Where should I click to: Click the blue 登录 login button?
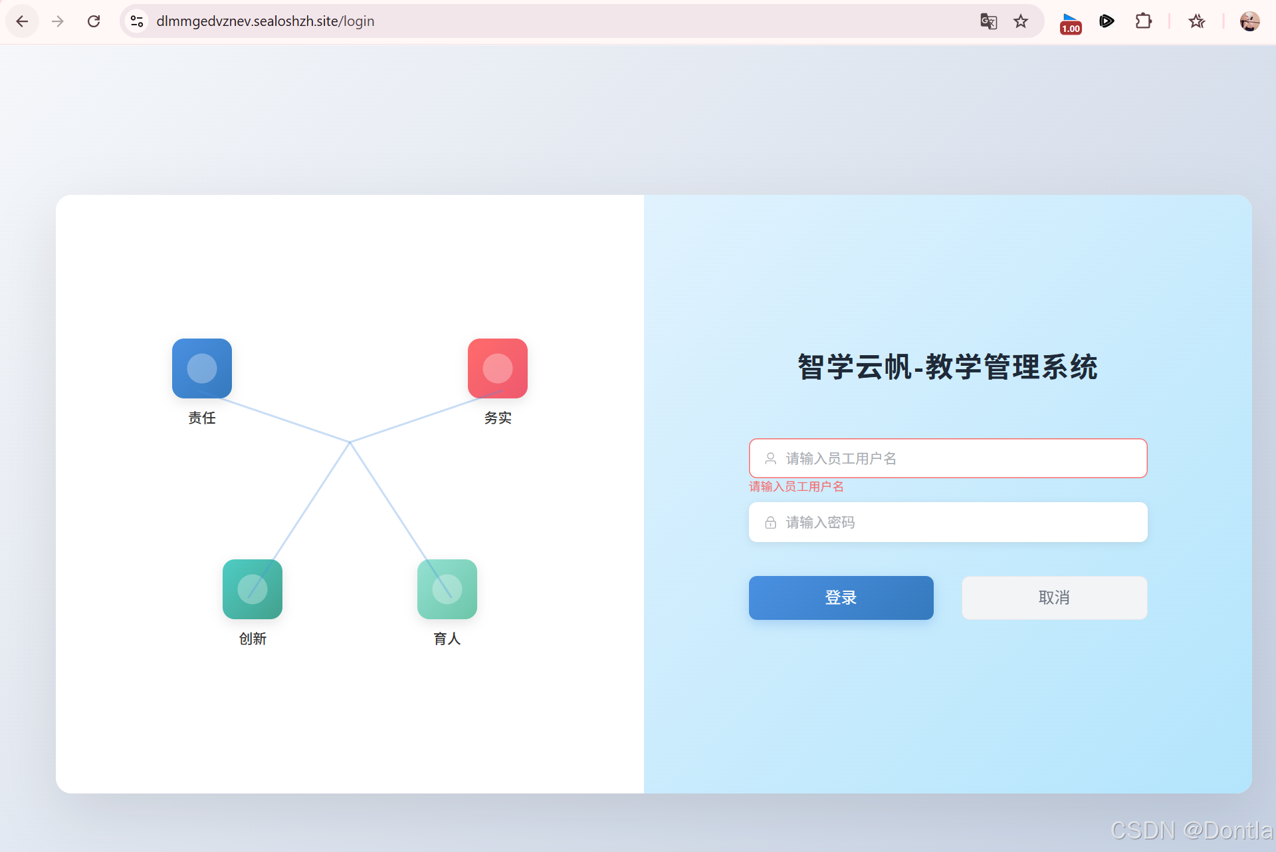pyautogui.click(x=841, y=597)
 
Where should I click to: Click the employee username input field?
pyautogui.click(x=957, y=458)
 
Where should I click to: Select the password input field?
pyautogui.click(x=957, y=522)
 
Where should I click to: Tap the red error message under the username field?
pyautogui.click(x=796, y=487)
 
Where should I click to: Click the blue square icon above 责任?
pyautogui.click(x=202, y=368)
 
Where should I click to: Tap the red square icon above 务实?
pyautogui.click(x=498, y=368)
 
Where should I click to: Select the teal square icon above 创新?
pyautogui.click(x=253, y=589)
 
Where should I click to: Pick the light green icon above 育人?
pyautogui.click(x=447, y=589)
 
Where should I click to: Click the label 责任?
pyautogui.click(x=202, y=418)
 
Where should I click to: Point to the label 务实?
pyautogui.click(x=498, y=418)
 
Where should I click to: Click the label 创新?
pyautogui.click(x=253, y=639)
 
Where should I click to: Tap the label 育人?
pyautogui.click(x=447, y=639)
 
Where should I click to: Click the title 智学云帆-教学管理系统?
pyautogui.click(x=948, y=367)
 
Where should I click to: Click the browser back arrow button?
pyautogui.click(x=22, y=21)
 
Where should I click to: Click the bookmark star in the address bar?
pyautogui.click(x=1021, y=21)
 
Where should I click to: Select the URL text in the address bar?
pyautogui.click(x=265, y=21)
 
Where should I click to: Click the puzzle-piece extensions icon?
pyautogui.click(x=1143, y=21)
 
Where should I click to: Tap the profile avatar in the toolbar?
pyautogui.click(x=1249, y=21)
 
